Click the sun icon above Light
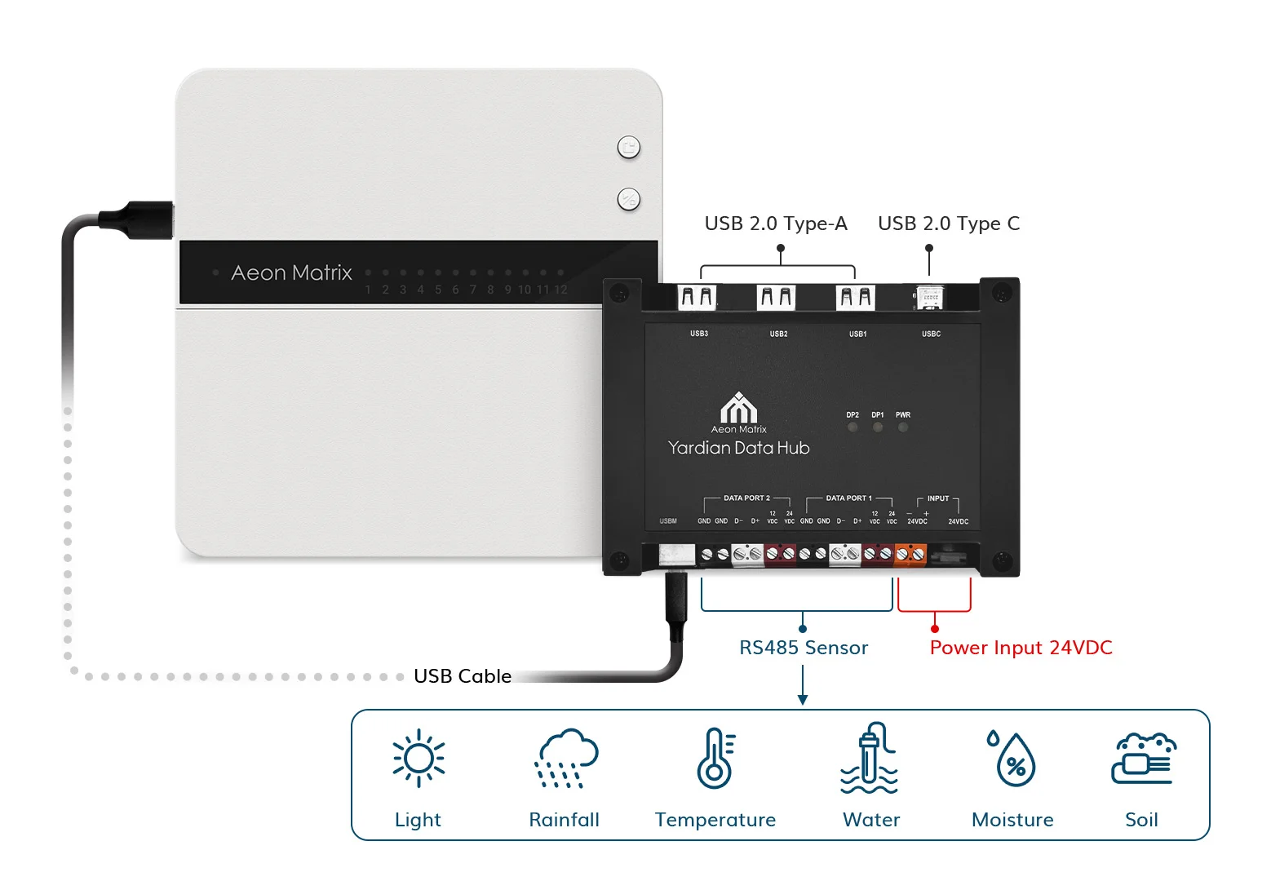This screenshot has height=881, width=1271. coord(418,758)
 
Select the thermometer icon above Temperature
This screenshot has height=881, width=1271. coord(715,758)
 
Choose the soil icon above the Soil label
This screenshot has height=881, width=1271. coord(1143,759)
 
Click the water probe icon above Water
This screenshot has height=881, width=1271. coord(870,759)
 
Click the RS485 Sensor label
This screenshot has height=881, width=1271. coord(804,648)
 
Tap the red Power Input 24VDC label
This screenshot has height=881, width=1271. coord(1021,648)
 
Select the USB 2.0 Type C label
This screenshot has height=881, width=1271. coord(949,224)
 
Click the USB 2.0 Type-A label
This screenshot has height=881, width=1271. coord(776,224)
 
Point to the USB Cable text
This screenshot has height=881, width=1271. coord(463,676)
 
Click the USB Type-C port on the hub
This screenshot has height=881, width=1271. coord(929,298)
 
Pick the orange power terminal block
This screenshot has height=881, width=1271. coord(910,555)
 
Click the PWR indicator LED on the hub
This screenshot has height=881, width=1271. coord(903,427)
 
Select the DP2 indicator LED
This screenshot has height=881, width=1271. coord(852,427)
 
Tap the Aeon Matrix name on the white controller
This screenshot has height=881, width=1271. coord(291,272)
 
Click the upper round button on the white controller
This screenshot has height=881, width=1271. coord(628,148)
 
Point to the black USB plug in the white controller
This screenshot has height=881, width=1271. coord(139,219)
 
